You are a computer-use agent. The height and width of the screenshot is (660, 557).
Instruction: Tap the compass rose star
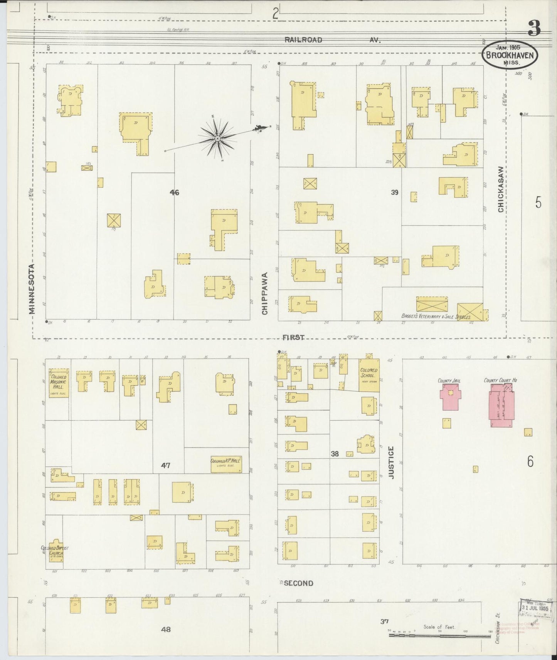[x=218, y=138]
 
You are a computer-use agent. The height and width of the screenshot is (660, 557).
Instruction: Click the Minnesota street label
[x=32, y=288]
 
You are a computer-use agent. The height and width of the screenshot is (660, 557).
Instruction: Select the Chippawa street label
[x=265, y=293]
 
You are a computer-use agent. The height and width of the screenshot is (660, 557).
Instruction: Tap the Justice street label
[x=391, y=462]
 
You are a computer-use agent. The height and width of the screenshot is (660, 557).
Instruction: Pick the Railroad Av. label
[x=332, y=40]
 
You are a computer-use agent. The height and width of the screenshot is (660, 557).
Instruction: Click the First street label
[x=293, y=337]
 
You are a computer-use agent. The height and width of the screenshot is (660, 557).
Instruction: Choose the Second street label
[x=298, y=583]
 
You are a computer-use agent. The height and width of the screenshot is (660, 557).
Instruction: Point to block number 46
[x=175, y=192]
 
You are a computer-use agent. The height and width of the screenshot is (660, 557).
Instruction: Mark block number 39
[x=394, y=192]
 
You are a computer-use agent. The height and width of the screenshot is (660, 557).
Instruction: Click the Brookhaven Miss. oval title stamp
[x=509, y=55]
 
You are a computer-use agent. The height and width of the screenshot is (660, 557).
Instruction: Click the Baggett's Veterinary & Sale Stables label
[x=436, y=316]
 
